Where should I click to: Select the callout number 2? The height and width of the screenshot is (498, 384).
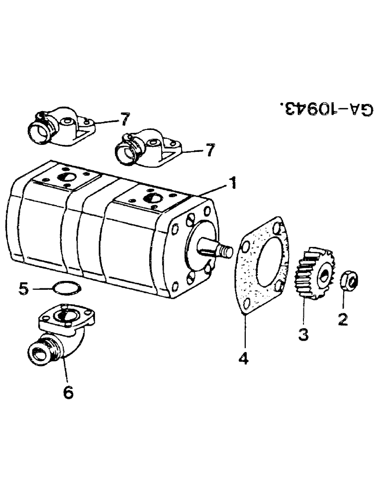[342, 319]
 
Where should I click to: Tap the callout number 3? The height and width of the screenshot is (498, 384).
[303, 333]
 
